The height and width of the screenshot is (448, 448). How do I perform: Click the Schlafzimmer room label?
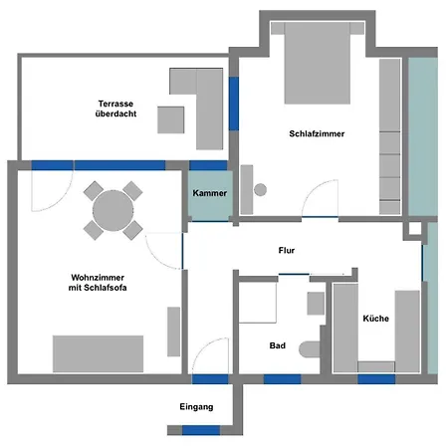pos(317,133)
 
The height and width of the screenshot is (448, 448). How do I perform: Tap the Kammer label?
pos(210,193)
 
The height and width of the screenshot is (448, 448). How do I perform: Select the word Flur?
pos(287,250)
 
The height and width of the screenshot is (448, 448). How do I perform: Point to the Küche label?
pos(376,319)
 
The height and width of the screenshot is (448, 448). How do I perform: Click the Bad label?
pos(278,345)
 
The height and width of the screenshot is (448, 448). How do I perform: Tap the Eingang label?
pos(196,407)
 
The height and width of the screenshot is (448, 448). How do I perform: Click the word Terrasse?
pos(115,104)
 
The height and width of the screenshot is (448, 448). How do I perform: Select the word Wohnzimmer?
pos(98,278)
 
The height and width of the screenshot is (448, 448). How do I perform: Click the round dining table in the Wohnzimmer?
pos(113,211)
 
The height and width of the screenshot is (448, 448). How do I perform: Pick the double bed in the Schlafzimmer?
pos(318,63)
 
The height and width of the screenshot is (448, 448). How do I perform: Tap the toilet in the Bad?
pos(310,349)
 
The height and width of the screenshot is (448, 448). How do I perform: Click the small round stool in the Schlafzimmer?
pos(260,190)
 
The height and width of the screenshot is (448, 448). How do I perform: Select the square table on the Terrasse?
pos(171,119)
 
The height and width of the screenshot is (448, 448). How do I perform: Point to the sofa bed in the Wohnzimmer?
pos(99,353)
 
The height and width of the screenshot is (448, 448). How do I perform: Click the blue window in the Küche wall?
pos(376,379)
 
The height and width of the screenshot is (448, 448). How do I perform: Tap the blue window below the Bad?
pos(283,379)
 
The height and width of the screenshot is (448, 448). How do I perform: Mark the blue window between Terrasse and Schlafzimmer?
pos(234,104)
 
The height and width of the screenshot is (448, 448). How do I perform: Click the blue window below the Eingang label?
pos(201,430)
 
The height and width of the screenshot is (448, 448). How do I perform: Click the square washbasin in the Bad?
pos(316,304)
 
